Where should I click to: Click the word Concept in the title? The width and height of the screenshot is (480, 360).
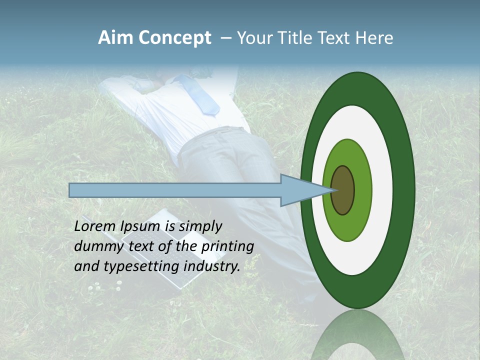174,38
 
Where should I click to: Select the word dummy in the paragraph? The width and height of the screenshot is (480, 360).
97,246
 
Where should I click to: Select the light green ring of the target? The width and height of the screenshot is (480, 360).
362,190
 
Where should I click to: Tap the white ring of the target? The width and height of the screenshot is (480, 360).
382,190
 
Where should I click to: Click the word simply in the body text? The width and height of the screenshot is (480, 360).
199,226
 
